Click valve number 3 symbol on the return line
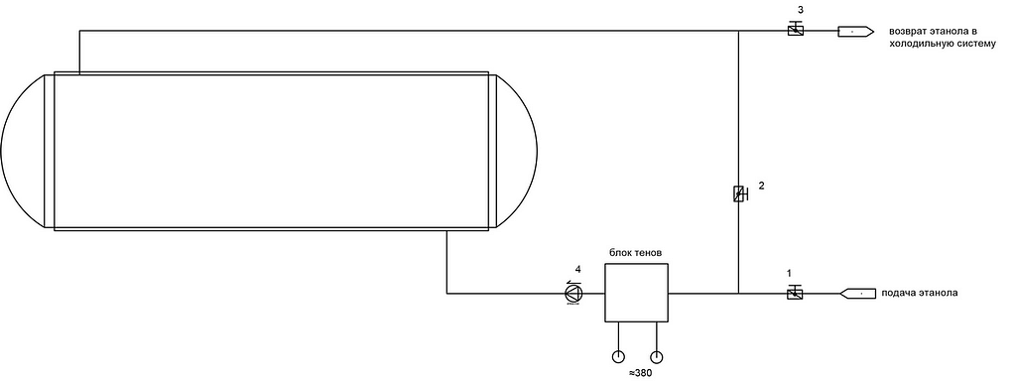tap(796, 29)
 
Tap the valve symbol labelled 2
tap(739, 193)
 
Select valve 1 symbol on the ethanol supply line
tap(795, 293)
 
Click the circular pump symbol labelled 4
tap(573, 294)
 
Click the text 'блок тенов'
tap(636, 252)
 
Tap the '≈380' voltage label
tap(640, 373)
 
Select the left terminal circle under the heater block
tap(619, 356)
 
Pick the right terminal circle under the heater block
tap(657, 356)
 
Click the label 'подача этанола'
tap(919, 293)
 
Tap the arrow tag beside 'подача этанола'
tap(858, 294)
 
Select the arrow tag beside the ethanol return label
tap(856, 31)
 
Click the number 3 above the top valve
tap(801, 10)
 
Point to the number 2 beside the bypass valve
tap(761, 186)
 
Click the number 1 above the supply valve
tap(789, 273)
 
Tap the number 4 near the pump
tap(578, 269)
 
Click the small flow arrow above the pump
tap(571, 282)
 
